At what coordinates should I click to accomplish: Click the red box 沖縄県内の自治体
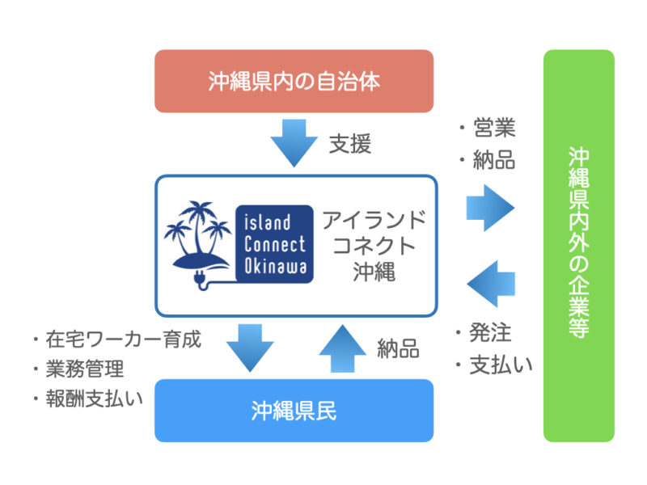[x=294, y=81]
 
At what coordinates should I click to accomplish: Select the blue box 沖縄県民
[x=294, y=411]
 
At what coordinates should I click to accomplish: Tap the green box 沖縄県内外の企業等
[x=578, y=246]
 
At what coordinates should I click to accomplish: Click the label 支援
[x=349, y=145]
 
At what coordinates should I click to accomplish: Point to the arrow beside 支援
[x=294, y=143]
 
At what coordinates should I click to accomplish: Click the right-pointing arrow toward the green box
[x=490, y=208]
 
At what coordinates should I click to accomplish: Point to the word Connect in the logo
[x=276, y=244]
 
